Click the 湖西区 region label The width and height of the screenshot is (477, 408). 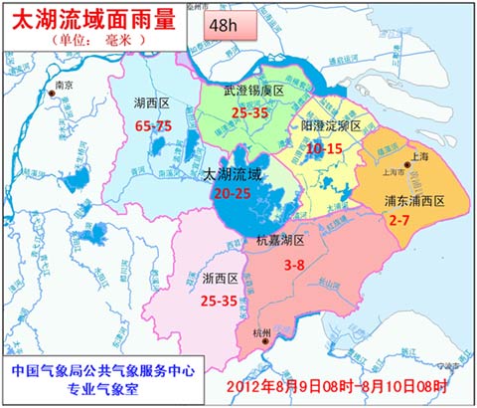click(x=155, y=102)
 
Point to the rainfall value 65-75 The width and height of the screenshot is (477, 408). click(x=154, y=125)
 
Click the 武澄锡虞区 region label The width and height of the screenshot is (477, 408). click(x=253, y=91)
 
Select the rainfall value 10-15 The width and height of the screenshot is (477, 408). click(x=325, y=148)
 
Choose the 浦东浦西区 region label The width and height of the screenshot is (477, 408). click(x=414, y=201)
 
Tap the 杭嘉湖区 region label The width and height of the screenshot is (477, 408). click(x=280, y=241)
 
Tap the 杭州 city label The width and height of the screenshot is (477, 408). click(x=261, y=332)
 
